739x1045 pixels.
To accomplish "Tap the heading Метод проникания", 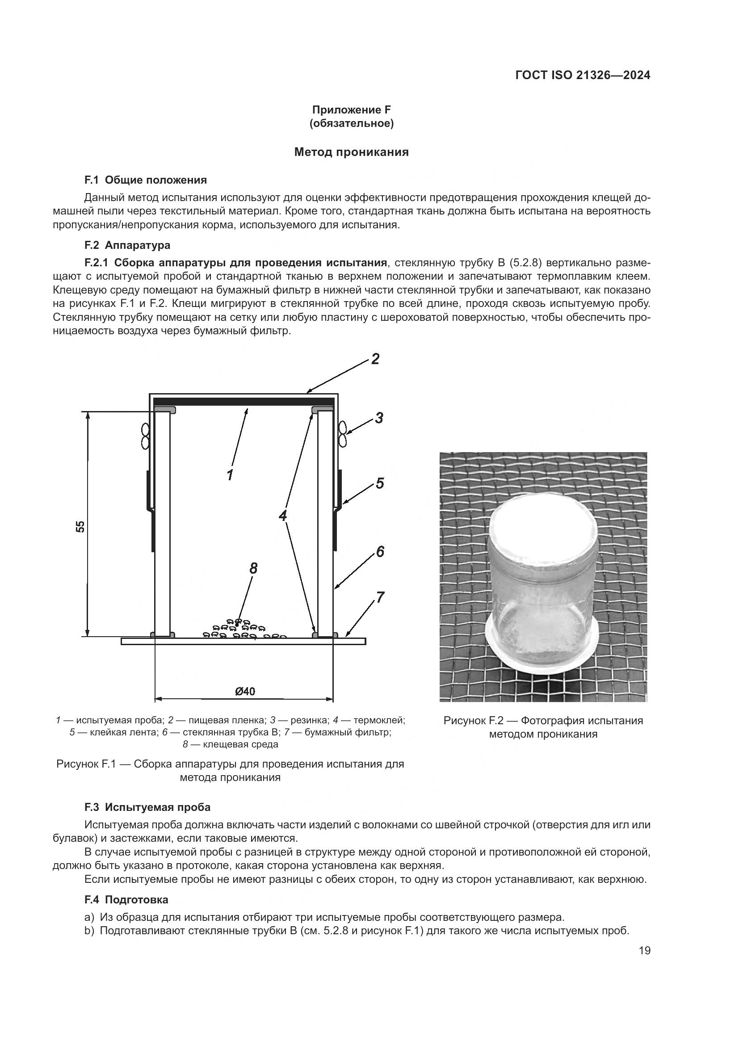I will click(x=351, y=152).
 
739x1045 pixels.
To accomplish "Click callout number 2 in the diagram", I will click(x=375, y=359).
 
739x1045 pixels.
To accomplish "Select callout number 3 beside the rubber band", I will click(x=378, y=418).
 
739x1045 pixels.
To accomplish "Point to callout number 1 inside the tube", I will click(x=230, y=475).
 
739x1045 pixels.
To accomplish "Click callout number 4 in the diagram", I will click(x=283, y=516).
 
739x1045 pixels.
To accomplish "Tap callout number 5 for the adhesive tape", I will click(x=380, y=483).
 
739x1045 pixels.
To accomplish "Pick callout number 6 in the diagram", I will click(x=380, y=552).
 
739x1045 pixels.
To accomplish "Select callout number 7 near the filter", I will click(x=380, y=597).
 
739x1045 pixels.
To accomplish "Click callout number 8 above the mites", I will click(x=253, y=568).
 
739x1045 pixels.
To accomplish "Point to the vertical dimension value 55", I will click(x=80, y=527).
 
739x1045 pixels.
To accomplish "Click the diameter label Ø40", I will click(x=245, y=692).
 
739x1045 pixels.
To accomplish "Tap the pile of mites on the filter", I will click(x=241, y=631).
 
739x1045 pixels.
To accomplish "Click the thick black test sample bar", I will click(x=244, y=400).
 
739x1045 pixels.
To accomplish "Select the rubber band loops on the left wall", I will click(x=146, y=436).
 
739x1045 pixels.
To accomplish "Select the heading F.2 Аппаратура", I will click(x=127, y=245).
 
